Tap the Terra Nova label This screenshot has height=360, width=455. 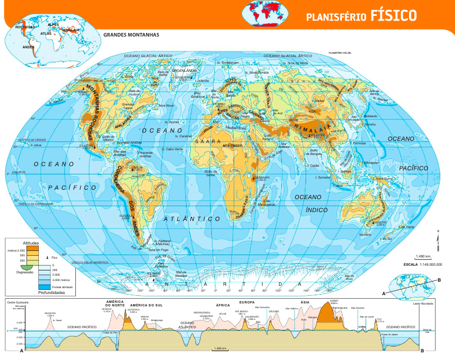point(166,106)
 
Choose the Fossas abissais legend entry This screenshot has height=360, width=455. point(61,286)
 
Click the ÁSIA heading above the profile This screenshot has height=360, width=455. point(304,303)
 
